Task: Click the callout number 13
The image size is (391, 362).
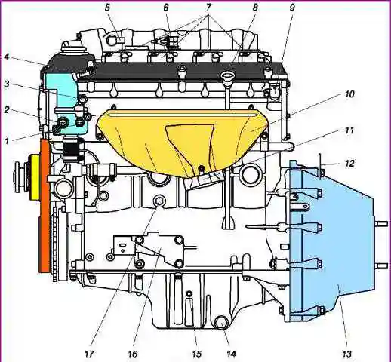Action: (346, 354)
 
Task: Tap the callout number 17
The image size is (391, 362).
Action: (89, 354)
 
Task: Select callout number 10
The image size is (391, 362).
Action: (349, 94)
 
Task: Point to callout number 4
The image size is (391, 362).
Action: (6, 57)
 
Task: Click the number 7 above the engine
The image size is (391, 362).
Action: (208, 8)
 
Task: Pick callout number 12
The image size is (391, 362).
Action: (350, 164)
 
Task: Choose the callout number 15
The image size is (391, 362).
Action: (196, 354)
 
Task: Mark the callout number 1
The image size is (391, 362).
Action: (7, 140)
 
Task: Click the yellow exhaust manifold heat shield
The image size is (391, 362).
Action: (181, 142)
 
